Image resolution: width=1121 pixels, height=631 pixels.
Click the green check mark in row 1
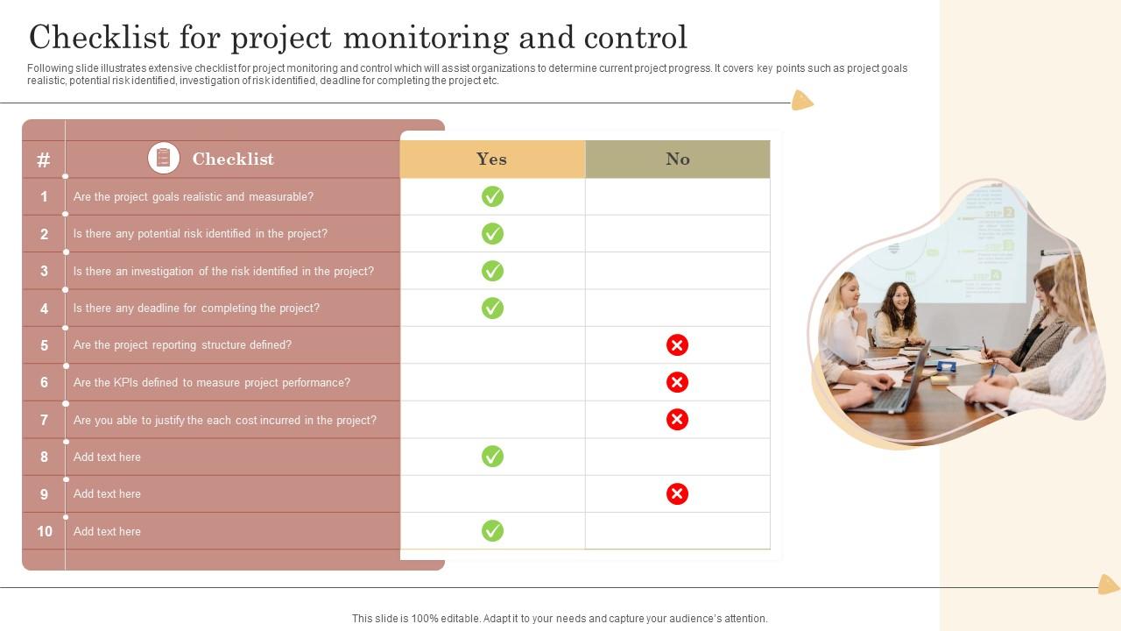(492, 196)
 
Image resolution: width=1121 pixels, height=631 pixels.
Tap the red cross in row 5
(677, 345)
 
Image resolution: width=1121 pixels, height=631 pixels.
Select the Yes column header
(492, 159)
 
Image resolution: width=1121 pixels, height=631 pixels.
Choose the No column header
(678, 159)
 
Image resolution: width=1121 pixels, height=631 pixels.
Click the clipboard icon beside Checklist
(164, 158)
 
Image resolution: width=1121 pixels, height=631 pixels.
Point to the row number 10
(44, 531)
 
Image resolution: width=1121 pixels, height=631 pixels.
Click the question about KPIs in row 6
(212, 382)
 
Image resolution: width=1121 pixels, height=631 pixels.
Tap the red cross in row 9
(677, 494)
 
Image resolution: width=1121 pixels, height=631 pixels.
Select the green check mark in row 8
(492, 457)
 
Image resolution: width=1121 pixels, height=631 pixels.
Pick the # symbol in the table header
(43, 160)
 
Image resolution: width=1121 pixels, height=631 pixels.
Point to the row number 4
(44, 308)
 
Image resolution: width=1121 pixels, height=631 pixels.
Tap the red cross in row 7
(677, 420)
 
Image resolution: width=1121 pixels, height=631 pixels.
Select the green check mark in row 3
(492, 271)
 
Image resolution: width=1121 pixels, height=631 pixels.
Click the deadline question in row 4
(196, 308)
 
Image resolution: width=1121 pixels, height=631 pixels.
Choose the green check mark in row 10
(492, 531)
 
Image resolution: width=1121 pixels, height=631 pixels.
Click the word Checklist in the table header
(233, 159)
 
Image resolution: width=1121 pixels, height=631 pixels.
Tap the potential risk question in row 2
(201, 233)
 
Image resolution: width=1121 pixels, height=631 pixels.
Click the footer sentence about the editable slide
(560, 618)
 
